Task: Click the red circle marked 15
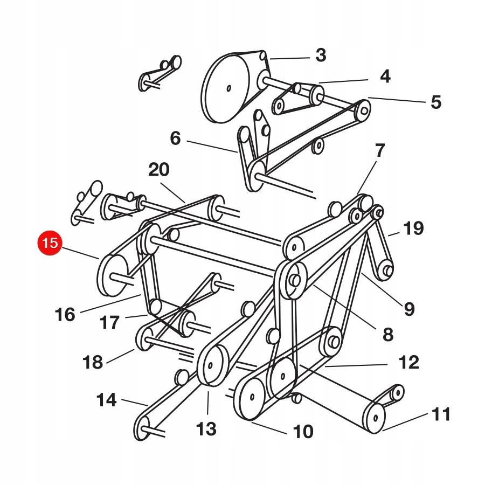pyautogui.click(x=50, y=243)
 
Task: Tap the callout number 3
pyautogui.click(x=321, y=56)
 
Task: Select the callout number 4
pyautogui.click(x=385, y=77)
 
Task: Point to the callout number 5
pyautogui.click(x=435, y=102)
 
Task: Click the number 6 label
pyautogui.click(x=175, y=138)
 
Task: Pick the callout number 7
pyautogui.click(x=380, y=150)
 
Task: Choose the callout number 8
pyautogui.click(x=388, y=335)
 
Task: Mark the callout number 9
pyautogui.click(x=409, y=309)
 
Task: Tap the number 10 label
pyautogui.click(x=303, y=432)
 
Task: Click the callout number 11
pyautogui.click(x=440, y=414)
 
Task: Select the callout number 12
pyautogui.click(x=409, y=362)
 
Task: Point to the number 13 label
pyautogui.click(x=206, y=429)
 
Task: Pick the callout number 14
pyautogui.click(x=106, y=400)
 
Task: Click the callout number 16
pyautogui.click(x=65, y=315)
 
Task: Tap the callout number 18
pyautogui.click(x=93, y=362)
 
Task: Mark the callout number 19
pyautogui.click(x=413, y=228)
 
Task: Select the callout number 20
pyautogui.click(x=158, y=170)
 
